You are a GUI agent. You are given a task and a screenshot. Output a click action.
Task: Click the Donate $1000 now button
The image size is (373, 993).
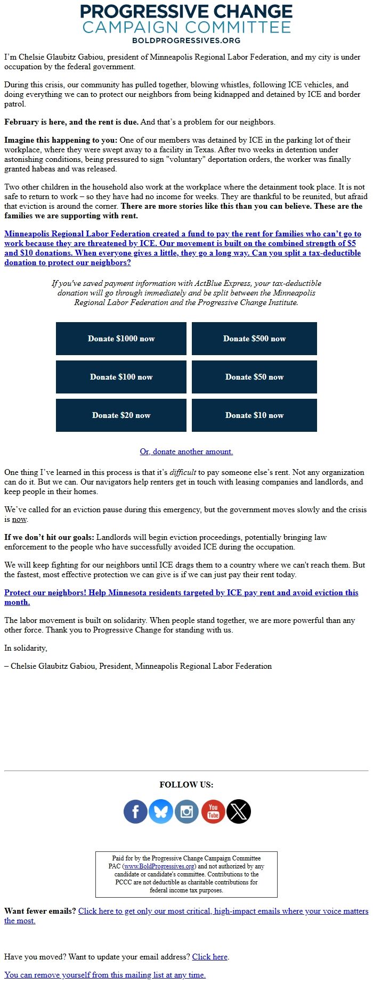[x=121, y=339]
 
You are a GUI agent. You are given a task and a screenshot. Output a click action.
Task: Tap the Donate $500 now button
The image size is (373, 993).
[x=254, y=339]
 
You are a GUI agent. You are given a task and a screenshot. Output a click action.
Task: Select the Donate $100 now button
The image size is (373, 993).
[x=121, y=377]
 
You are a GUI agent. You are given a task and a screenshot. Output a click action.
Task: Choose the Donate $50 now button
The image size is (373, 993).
[x=254, y=377]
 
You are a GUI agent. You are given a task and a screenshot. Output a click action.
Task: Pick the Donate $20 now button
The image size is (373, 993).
[x=121, y=415]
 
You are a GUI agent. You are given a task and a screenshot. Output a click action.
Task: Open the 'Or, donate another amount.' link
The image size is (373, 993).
[x=186, y=452]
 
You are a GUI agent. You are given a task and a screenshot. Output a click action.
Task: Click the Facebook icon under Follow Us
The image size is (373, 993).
[x=135, y=811]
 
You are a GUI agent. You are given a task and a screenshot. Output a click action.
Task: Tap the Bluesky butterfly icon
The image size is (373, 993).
[x=160, y=811]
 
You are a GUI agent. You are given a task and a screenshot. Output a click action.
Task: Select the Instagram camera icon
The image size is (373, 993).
[x=186, y=811]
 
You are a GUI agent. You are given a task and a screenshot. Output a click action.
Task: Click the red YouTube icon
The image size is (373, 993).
[x=213, y=811]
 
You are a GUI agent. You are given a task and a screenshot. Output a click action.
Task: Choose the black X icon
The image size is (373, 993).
[x=238, y=811]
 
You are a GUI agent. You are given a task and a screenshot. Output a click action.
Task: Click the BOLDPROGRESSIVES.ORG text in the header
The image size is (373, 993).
[x=186, y=40]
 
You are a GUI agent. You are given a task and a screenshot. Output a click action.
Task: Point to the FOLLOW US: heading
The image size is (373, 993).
[x=186, y=785]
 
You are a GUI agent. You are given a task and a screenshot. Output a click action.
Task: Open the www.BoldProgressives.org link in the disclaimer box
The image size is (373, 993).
[x=159, y=866]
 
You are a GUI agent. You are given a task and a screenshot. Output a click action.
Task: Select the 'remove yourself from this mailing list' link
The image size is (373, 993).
[x=105, y=975]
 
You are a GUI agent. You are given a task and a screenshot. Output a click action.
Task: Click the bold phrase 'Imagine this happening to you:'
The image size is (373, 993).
[x=61, y=140]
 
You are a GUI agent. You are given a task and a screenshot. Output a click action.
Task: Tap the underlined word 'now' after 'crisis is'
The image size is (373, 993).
[x=19, y=519]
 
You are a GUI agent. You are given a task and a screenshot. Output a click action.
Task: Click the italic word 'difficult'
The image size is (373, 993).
[x=183, y=472]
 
